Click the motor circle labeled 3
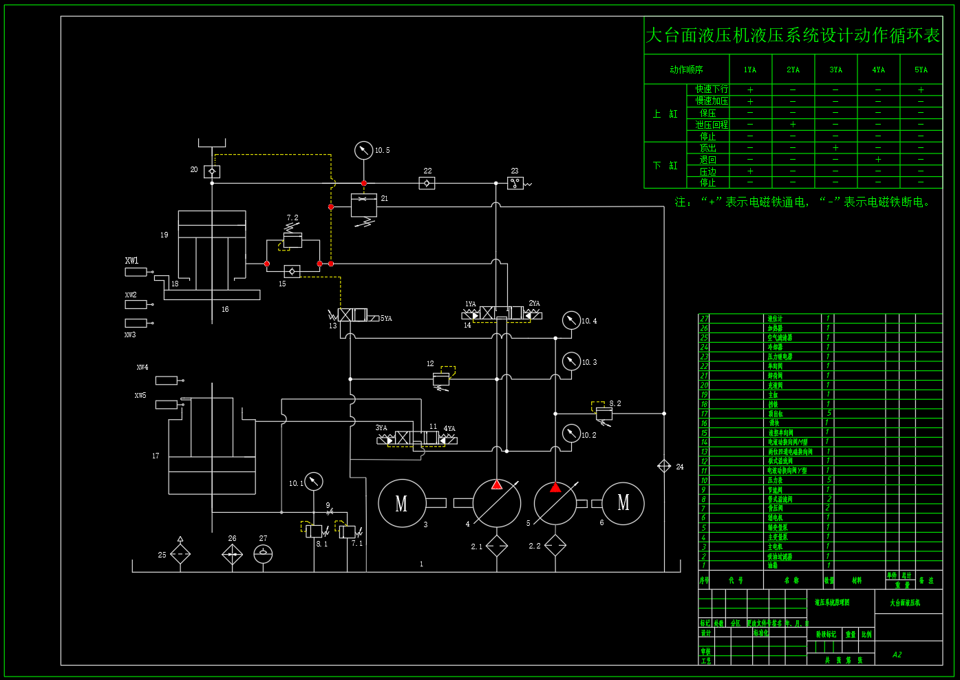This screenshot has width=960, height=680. (402, 504)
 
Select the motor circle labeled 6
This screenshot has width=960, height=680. (623, 504)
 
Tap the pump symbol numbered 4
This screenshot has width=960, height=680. (497, 504)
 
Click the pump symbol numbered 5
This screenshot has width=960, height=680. (555, 504)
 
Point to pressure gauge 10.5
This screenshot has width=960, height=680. (363, 150)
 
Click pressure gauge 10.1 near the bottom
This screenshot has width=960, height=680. (313, 481)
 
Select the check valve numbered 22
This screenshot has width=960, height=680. (427, 183)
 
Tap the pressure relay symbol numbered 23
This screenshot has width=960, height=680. (515, 183)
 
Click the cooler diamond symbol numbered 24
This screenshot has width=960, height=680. (664, 467)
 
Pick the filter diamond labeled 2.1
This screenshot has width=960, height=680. (497, 546)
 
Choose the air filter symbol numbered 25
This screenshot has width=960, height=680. (180, 554)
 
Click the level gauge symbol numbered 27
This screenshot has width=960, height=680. (263, 554)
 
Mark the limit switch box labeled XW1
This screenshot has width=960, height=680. (136, 272)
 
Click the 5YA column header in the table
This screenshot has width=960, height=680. (921, 70)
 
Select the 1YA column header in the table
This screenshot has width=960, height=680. (750, 70)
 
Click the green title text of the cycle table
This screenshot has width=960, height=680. (793, 35)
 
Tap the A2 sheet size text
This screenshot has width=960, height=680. (897, 655)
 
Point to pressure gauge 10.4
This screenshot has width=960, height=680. (571, 320)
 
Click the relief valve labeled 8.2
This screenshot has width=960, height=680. (604, 413)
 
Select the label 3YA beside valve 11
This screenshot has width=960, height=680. (381, 428)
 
